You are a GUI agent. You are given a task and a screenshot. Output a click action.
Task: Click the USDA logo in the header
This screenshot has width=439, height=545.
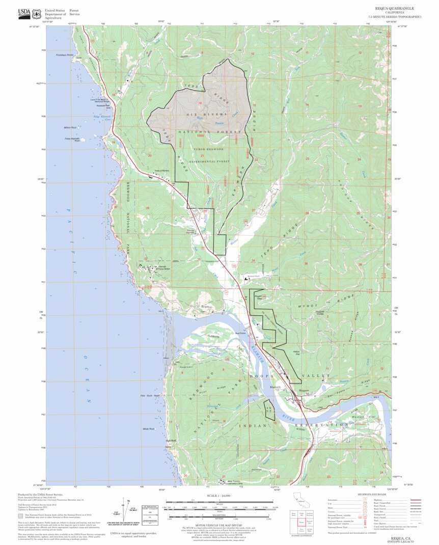click(24, 12)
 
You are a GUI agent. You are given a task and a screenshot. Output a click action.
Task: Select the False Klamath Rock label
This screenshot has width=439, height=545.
click(70, 139)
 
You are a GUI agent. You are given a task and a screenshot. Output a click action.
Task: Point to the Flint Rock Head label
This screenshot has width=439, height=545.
click(150, 396)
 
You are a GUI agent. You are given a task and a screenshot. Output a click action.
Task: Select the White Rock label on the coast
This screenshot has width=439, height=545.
click(149, 429)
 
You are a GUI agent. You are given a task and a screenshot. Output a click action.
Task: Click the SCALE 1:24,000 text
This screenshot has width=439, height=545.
click(219, 496)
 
